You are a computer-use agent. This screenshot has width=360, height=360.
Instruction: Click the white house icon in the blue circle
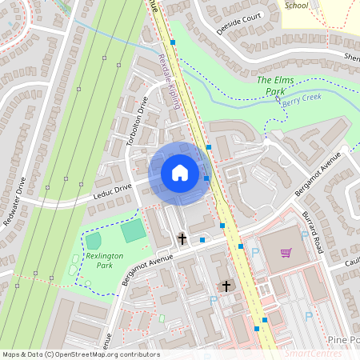pos(180,173)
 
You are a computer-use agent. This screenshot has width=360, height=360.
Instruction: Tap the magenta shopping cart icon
pos(286,254)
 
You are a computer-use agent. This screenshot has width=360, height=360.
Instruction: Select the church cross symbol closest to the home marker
pos(182,238)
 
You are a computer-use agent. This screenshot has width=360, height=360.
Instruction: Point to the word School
pos(296,5)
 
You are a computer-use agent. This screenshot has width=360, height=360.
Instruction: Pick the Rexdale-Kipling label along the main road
pos(170,82)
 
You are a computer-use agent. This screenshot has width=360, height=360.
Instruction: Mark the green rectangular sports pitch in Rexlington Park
pos(134,232)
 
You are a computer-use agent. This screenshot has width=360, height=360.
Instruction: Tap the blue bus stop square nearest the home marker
pos(207,178)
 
